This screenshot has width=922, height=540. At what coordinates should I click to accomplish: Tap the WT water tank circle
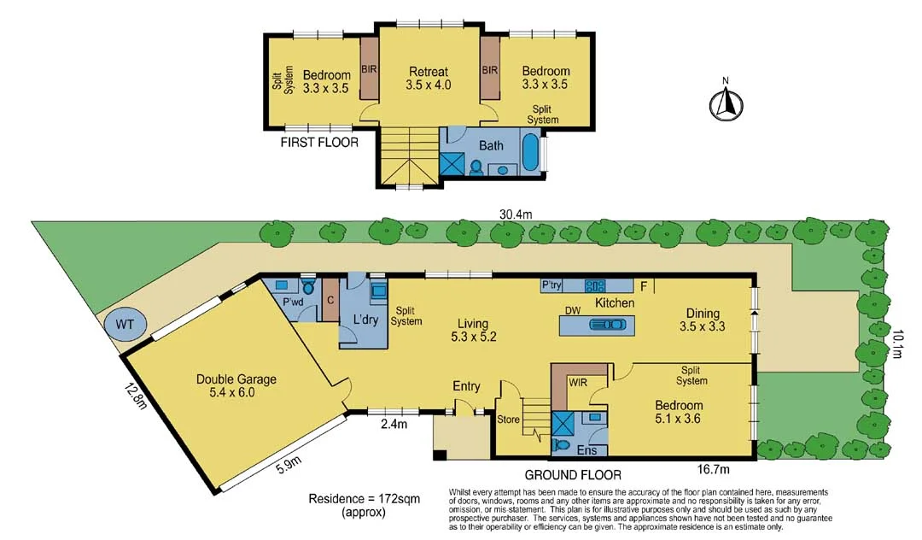click(x=125, y=324)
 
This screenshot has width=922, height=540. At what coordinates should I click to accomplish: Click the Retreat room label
click(x=428, y=79)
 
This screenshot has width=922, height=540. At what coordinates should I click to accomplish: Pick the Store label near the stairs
click(x=508, y=420)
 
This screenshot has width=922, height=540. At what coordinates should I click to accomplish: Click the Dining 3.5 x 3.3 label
click(x=699, y=320)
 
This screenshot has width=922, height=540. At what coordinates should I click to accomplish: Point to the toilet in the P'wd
click(x=309, y=287)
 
